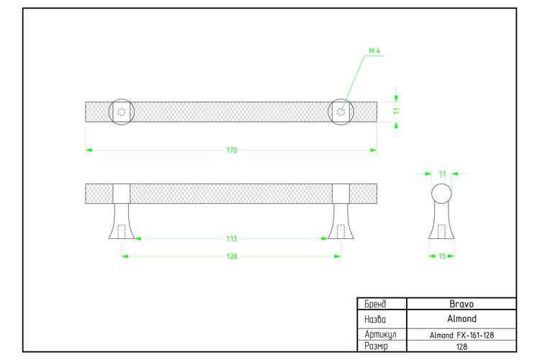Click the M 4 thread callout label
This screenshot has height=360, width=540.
pos(374,51)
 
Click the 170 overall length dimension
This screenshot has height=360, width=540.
pos(232,150)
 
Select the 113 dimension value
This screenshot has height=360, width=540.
pos(232,239)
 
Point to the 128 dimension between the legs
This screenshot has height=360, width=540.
pos(232,256)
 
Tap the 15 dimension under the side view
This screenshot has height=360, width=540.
pos(442,256)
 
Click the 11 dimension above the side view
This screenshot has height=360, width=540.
pos(443,174)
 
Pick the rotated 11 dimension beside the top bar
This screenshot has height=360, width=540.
pos(397,111)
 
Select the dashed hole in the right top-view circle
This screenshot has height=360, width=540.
pos(341,112)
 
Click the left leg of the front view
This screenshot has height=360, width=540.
pos(122,221)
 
